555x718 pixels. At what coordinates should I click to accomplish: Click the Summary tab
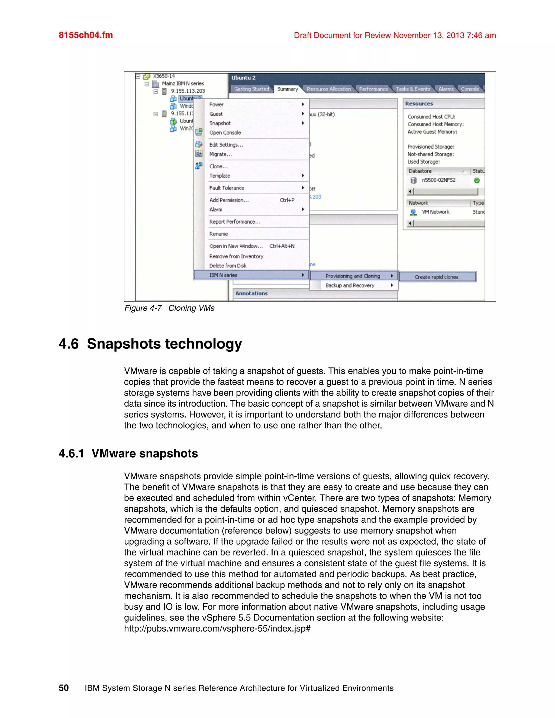point(287,89)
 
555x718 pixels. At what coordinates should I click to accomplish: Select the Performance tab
point(373,89)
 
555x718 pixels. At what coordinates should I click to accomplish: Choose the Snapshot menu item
point(220,123)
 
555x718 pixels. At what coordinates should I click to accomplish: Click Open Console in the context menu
point(225,133)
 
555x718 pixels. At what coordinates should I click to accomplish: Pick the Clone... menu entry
point(218,166)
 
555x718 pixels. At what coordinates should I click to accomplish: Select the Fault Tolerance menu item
point(227,188)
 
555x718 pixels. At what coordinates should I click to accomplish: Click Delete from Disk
point(228,266)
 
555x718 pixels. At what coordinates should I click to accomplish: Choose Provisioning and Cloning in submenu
point(353,276)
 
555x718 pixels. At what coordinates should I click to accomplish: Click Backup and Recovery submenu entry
point(350,285)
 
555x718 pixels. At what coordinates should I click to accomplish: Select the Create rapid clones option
point(436,277)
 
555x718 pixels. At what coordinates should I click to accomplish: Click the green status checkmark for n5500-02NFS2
point(477,180)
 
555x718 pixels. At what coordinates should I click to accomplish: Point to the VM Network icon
point(413,212)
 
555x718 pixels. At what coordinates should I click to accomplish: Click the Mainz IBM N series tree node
point(182,83)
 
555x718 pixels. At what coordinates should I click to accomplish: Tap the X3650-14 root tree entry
point(164,76)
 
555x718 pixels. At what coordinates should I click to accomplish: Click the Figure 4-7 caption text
point(169,308)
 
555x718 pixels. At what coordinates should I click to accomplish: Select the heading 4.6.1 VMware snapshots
point(128,453)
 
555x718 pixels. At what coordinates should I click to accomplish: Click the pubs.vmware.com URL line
point(217,629)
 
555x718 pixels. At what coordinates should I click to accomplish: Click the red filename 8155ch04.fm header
point(85,35)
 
